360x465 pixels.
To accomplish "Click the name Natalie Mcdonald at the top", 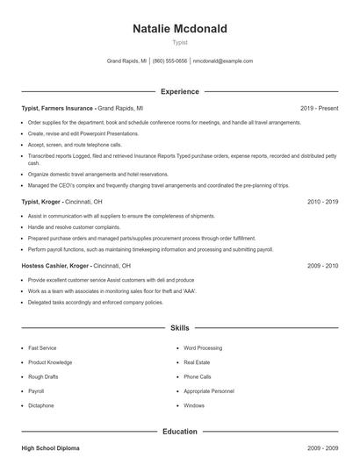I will (179, 29).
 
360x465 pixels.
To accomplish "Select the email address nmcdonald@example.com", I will (222, 61).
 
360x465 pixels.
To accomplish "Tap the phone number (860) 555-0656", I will (169, 61).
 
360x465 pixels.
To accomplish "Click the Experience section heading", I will (179, 91).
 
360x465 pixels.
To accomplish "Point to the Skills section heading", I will (179, 328).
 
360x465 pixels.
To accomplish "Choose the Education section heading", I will (179, 431).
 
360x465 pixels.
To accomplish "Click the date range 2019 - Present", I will (319, 108).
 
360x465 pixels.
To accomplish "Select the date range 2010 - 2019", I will (322, 201).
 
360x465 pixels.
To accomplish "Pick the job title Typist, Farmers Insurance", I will (58, 108).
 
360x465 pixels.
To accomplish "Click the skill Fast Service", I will (42, 348).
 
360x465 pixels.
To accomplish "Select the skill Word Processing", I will (203, 348).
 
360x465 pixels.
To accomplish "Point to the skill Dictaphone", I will (41, 405).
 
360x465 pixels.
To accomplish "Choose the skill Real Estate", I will (197, 362).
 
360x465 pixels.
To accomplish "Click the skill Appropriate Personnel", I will (209, 391).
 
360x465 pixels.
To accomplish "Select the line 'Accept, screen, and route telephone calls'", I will (75, 144).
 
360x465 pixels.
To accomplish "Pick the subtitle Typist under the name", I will (179, 42).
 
